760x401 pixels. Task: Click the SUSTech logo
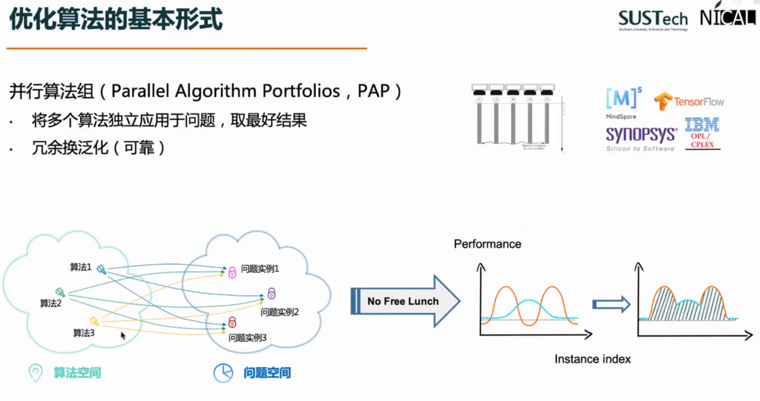click(x=653, y=20)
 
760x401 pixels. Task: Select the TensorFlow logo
click(x=689, y=101)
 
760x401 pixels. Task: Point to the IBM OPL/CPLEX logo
click(x=702, y=133)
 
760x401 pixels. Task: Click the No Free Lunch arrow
click(x=404, y=301)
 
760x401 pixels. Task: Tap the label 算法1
click(x=81, y=267)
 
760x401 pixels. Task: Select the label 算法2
click(x=50, y=303)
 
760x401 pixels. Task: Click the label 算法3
click(x=83, y=333)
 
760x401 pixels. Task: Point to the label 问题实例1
click(x=260, y=269)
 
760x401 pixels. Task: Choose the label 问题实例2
click(x=279, y=312)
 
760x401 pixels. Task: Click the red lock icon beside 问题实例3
click(x=232, y=322)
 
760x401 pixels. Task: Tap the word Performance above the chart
click(x=487, y=244)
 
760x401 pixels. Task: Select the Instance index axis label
click(x=592, y=359)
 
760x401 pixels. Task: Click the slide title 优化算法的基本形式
click(x=115, y=20)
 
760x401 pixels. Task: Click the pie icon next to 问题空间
click(x=223, y=373)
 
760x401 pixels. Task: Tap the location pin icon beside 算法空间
click(x=35, y=372)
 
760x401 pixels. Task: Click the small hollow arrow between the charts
click(x=611, y=304)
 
